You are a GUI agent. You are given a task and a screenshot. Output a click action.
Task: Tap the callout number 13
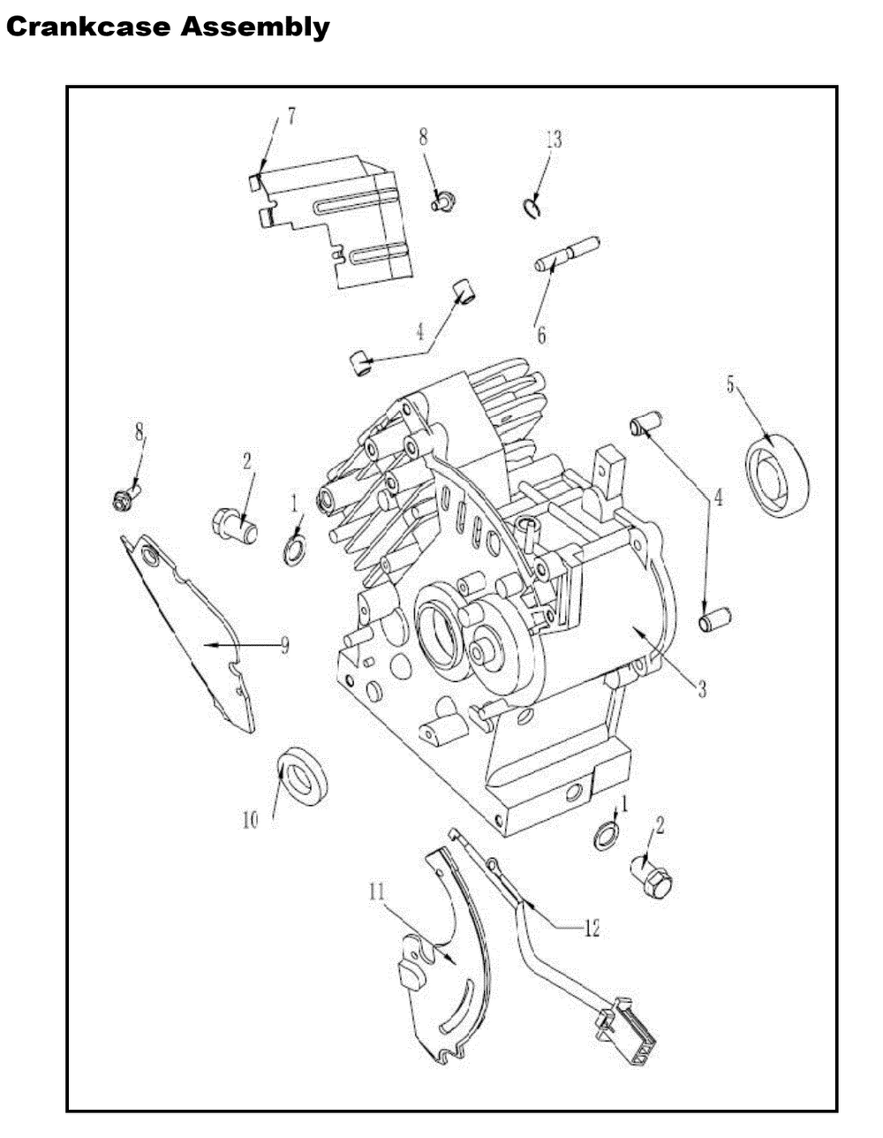click(x=553, y=140)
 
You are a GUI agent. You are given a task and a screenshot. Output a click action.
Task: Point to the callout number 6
click(x=541, y=335)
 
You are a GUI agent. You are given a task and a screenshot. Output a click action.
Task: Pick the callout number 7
click(x=291, y=116)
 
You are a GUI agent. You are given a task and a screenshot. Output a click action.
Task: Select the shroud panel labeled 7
click(x=336, y=221)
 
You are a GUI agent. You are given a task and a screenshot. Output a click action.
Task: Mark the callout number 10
click(x=250, y=820)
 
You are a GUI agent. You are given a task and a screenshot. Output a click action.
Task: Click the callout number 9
click(x=284, y=646)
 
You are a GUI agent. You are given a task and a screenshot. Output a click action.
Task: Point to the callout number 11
click(x=377, y=891)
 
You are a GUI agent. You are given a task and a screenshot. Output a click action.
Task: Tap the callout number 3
click(x=702, y=690)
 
